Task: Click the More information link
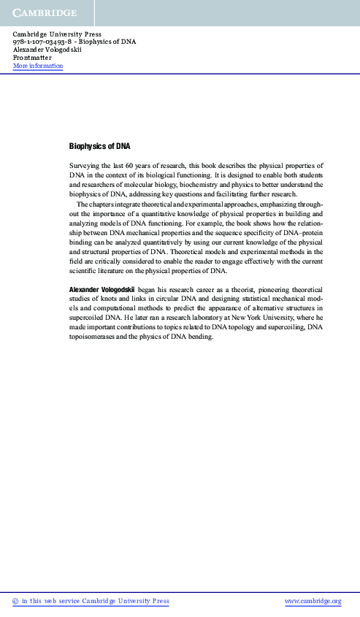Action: click(x=38, y=66)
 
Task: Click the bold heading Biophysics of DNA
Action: click(x=99, y=146)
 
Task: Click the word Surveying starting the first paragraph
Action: click(x=85, y=166)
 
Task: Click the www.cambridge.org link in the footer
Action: click(x=313, y=602)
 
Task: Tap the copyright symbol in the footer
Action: click(x=16, y=602)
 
